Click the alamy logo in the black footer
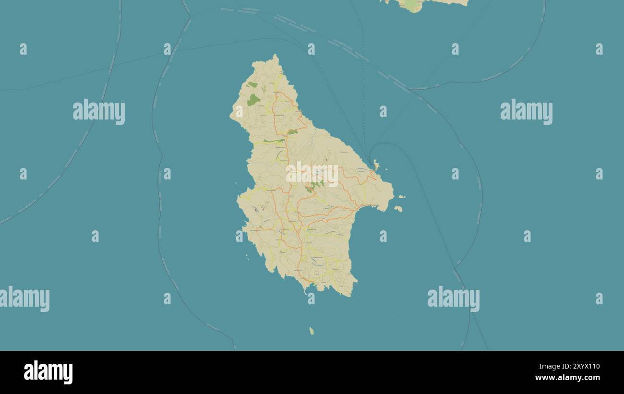[48, 372]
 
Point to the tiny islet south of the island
[312, 331]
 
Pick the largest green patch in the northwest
[253, 100]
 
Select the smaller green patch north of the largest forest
[252, 85]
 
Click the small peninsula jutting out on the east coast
[376, 166]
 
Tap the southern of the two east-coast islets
[398, 208]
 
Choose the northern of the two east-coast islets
[401, 197]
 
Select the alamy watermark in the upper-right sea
[526, 112]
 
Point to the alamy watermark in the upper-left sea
[99, 112]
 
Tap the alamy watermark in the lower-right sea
[453, 298]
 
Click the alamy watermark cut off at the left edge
[24, 298]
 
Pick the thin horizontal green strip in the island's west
[274, 141]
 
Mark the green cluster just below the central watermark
[314, 186]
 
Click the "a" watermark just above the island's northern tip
[311, 49]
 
